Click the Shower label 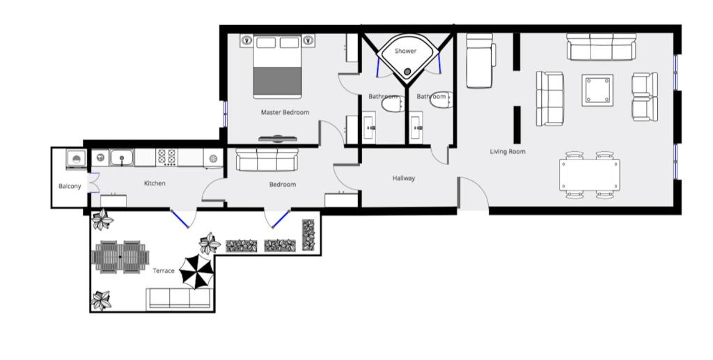(405, 51)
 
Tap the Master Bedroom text (285, 112)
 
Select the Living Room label (508, 151)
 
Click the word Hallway (404, 178)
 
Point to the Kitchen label (155, 183)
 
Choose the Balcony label (70, 187)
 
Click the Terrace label (164, 271)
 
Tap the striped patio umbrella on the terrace (196, 272)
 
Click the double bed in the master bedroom (277, 66)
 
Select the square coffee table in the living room (597, 90)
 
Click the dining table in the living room (590, 175)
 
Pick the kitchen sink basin (121, 158)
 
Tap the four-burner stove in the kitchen (166, 157)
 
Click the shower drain (407, 71)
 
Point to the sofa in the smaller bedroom (267, 159)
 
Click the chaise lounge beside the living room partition (480, 61)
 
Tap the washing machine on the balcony (77, 159)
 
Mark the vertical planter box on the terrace (308, 235)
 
